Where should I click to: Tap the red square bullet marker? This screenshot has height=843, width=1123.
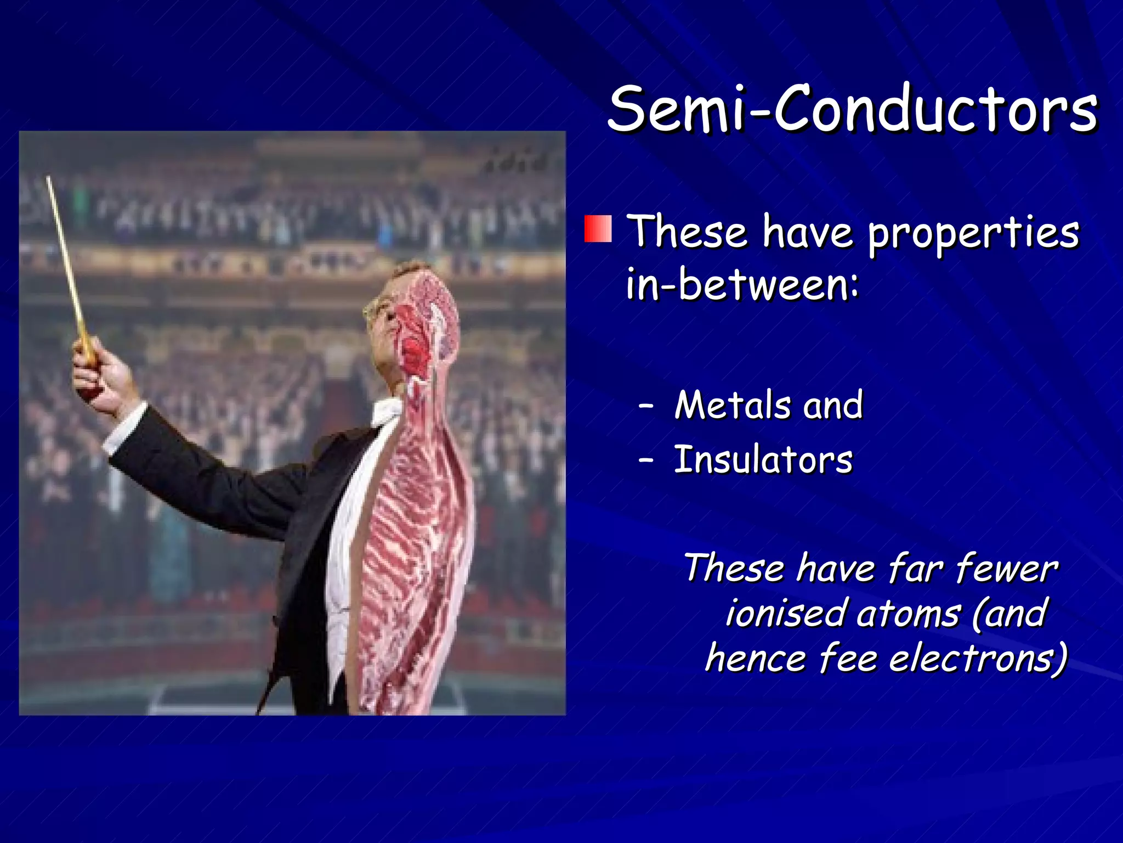click(x=598, y=229)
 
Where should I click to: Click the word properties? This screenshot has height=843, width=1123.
click(x=973, y=233)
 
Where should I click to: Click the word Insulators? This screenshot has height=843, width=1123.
click(x=763, y=460)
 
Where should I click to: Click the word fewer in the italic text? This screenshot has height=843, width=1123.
click(x=1006, y=568)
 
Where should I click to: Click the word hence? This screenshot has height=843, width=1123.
click(x=756, y=658)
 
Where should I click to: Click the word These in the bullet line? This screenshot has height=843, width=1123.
click(x=688, y=232)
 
